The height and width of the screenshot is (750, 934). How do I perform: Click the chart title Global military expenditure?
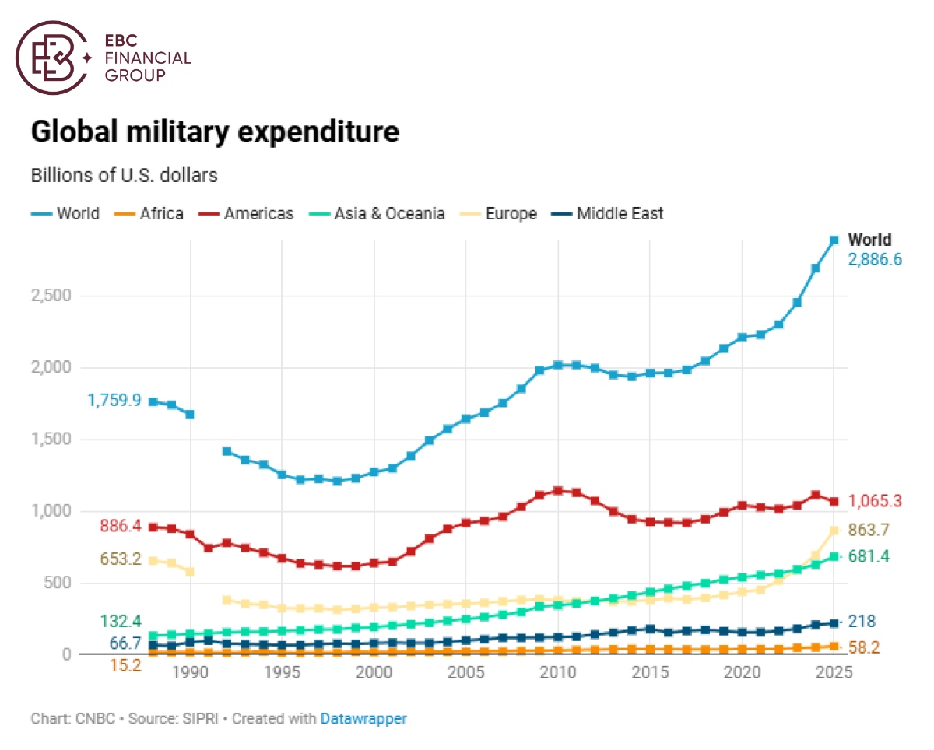pos(215,132)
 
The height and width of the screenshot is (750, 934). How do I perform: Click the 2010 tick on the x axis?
pos(558,673)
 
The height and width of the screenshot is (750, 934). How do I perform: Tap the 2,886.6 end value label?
pos(875,260)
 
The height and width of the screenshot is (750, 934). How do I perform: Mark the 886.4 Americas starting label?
pos(120,527)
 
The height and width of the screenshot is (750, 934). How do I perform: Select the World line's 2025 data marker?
pos(834,240)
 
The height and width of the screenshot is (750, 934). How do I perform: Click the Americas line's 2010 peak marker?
pos(558,491)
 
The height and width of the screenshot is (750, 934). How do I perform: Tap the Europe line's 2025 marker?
pos(834,531)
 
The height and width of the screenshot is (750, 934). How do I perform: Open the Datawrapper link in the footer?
pos(363,719)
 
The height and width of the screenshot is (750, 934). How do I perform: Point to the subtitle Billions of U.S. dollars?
pos(125,175)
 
